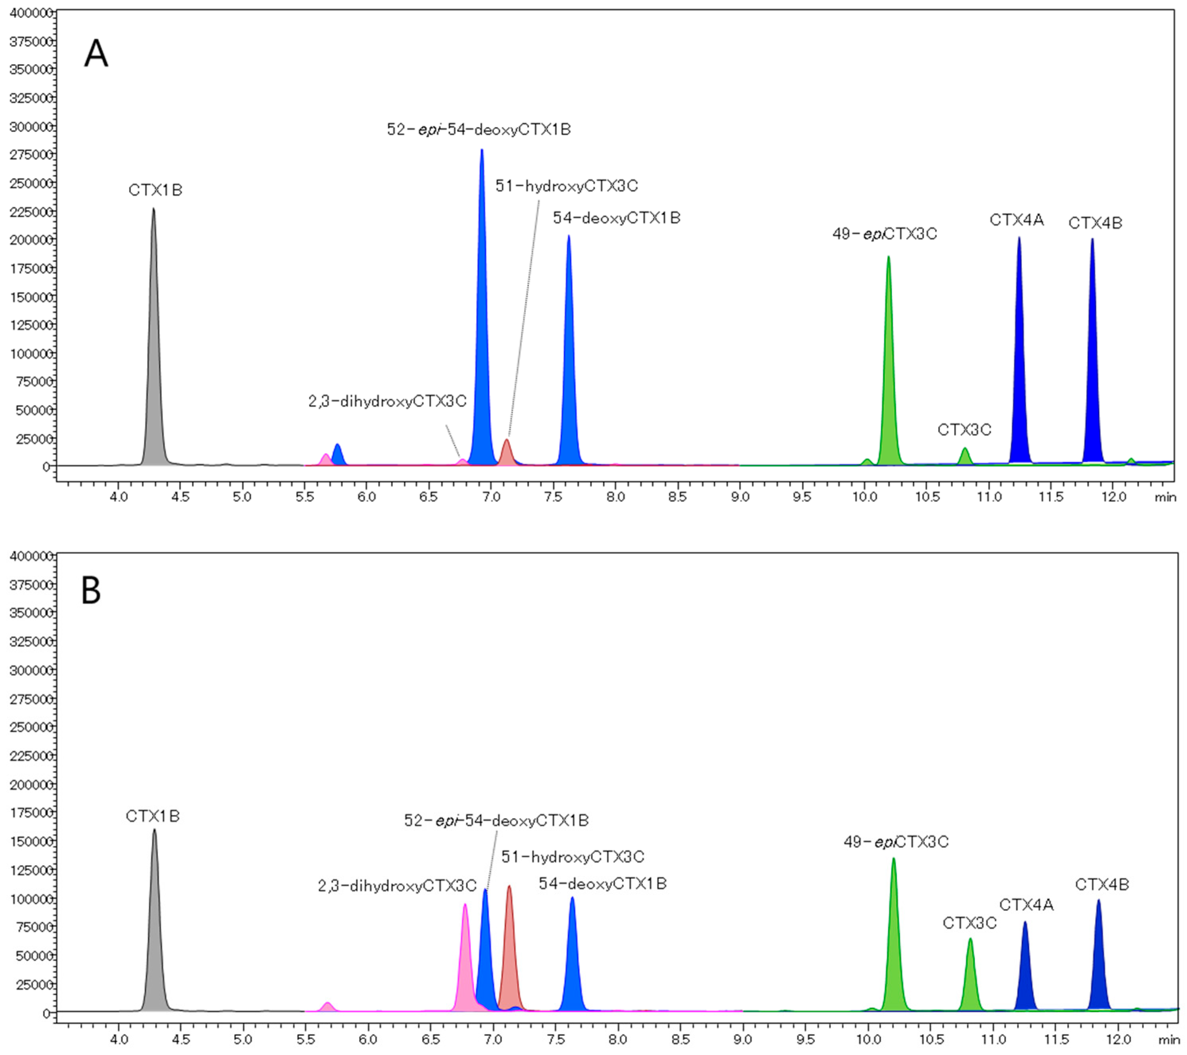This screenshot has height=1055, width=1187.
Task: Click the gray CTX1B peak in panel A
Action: click(153, 349)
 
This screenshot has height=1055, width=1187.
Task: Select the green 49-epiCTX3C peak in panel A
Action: click(888, 372)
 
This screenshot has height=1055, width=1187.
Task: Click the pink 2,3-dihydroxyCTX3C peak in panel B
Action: click(465, 959)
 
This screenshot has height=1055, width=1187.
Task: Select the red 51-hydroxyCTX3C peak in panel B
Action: click(509, 953)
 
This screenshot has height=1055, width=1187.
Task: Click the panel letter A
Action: click(96, 54)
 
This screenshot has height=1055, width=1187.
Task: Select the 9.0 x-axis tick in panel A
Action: click(739, 497)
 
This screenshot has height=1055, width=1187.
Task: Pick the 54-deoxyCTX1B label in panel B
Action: click(602, 884)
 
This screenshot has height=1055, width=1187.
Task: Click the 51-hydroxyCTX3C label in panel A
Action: click(566, 186)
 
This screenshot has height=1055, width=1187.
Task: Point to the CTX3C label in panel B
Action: click(969, 923)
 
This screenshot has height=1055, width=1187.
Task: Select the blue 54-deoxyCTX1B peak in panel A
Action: click(569, 360)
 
